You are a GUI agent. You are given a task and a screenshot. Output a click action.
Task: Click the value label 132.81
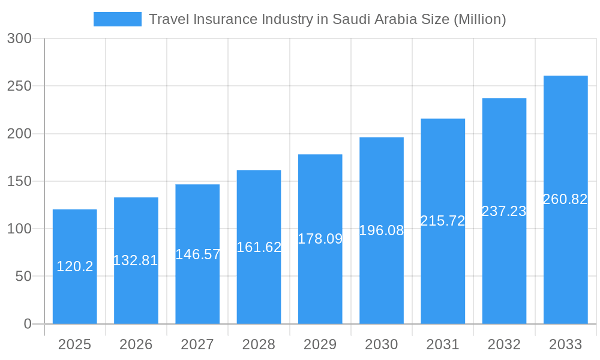coord(136,260)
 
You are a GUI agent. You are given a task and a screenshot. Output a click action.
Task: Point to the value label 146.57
coord(197,254)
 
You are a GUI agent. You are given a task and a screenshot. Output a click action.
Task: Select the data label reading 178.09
coord(320,239)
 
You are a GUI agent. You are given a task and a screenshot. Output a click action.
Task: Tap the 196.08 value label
coord(382,230)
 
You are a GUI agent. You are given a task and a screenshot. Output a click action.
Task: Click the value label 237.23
coord(504,211)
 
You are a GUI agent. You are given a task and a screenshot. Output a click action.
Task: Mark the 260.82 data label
coord(565,199)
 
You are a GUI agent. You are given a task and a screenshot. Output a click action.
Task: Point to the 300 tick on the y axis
coord(19,38)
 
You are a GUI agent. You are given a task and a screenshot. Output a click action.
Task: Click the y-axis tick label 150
coord(19,181)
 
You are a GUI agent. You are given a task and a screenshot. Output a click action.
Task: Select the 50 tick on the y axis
coord(24,277)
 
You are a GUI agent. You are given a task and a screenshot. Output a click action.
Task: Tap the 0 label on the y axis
coord(28,324)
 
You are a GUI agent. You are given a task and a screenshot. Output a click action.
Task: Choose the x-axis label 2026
coord(136,344)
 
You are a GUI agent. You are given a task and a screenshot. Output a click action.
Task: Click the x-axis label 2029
coord(320,344)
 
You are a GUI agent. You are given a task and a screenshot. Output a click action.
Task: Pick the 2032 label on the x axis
coord(504,344)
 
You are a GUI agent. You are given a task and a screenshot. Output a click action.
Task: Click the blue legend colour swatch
coord(118,19)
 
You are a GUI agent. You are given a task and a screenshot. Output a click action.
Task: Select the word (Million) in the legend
coord(480,19)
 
